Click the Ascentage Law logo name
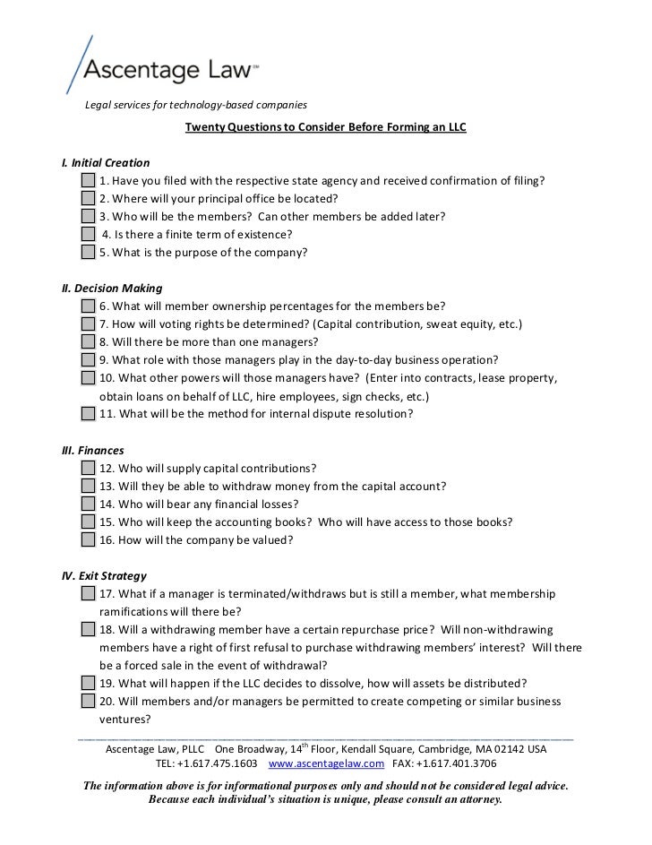pos(170,68)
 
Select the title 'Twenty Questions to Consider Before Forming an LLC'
pos(325,127)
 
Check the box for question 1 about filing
pos(87,181)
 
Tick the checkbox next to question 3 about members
pos(87,217)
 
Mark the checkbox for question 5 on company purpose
pos(87,253)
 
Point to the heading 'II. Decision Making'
pos(111,289)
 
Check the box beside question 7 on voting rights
pos(87,324)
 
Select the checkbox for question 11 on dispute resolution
pos(87,414)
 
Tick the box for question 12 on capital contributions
pos(87,468)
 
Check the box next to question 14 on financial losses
pos(87,504)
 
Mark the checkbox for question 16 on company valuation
pos(87,540)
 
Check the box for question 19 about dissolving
pos(87,683)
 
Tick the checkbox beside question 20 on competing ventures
pos(87,701)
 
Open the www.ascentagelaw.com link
pos(326,763)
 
